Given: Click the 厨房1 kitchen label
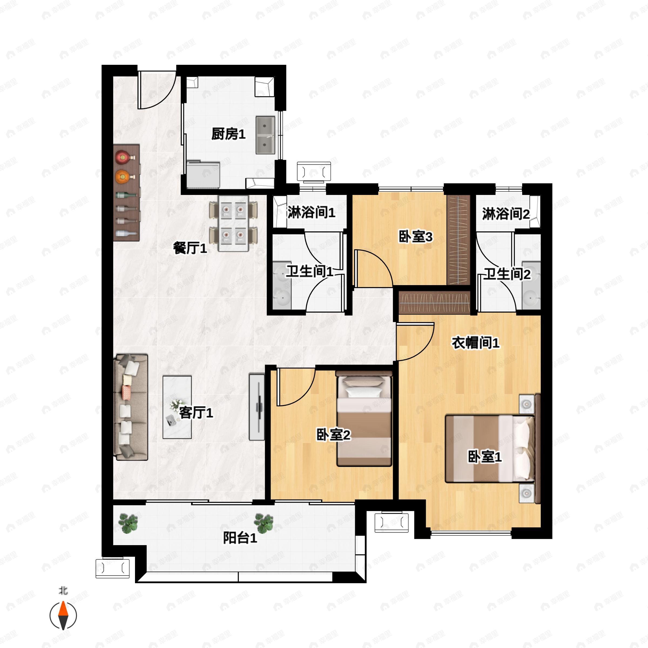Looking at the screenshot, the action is click(x=228, y=134).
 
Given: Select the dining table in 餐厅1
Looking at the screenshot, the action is click(x=234, y=223).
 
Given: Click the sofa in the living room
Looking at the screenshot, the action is click(x=131, y=407).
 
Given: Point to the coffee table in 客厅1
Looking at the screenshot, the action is click(x=177, y=407).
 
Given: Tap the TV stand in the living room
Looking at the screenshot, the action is click(x=257, y=407).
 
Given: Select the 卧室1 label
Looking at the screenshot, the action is click(x=485, y=457).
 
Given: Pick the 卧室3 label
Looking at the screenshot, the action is click(x=416, y=237).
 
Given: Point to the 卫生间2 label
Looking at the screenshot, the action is click(x=507, y=274).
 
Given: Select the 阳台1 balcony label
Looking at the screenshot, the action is click(x=240, y=538).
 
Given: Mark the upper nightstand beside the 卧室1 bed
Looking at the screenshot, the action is click(x=526, y=404).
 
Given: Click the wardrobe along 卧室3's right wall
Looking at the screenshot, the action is click(x=458, y=240).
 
